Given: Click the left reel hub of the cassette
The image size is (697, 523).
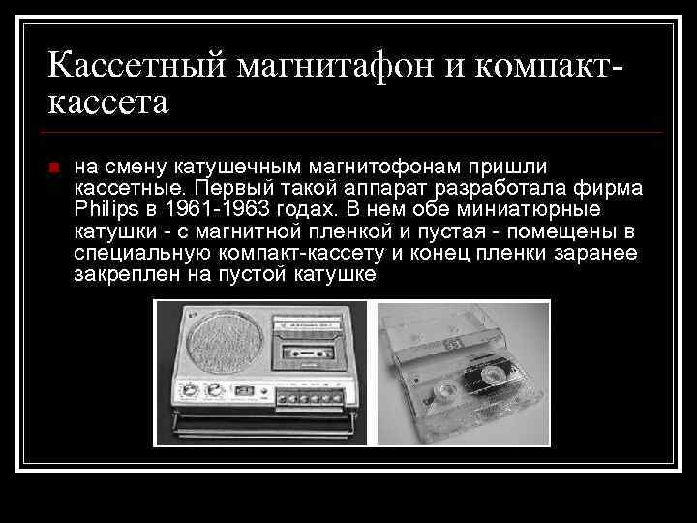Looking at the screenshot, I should click(x=447, y=392).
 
